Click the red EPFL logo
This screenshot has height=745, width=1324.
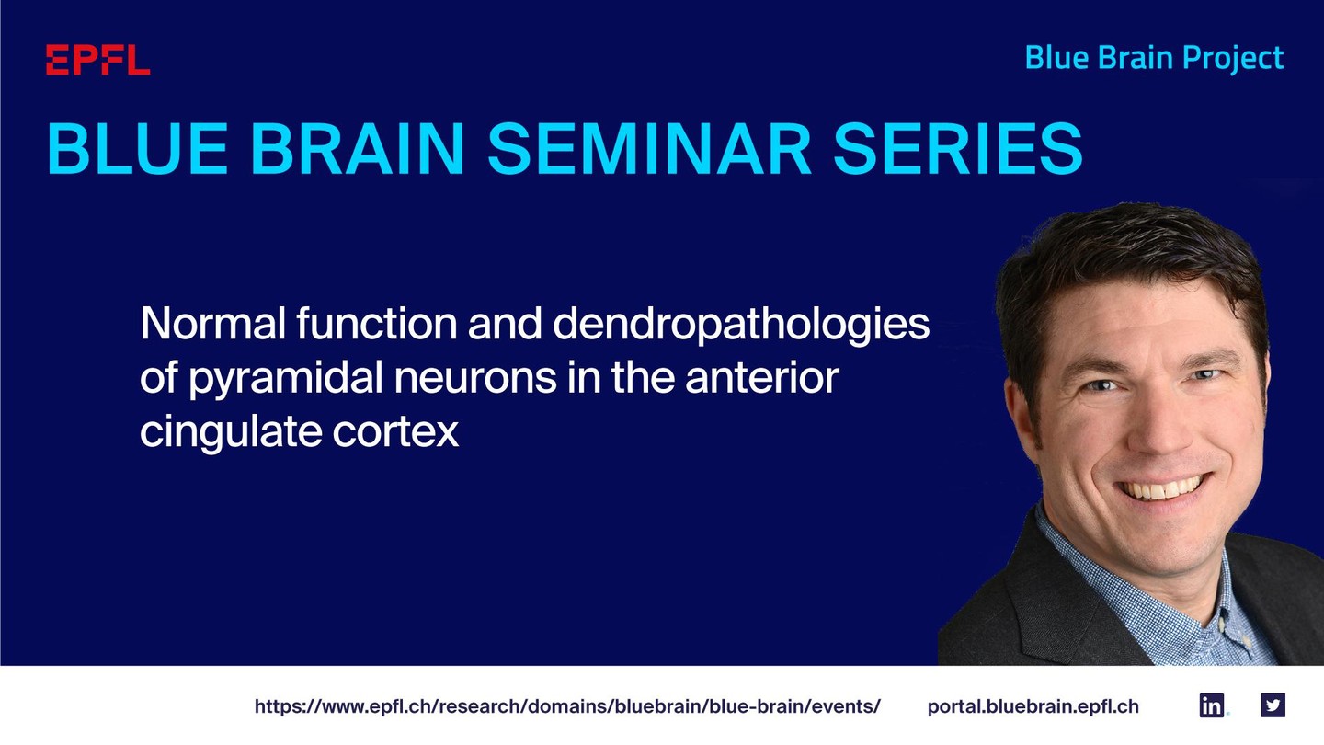pos(98,60)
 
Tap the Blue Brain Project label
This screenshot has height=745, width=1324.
pos(1155,59)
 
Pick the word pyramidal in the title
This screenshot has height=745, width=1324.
pos(286,379)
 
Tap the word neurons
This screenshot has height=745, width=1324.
pos(476,379)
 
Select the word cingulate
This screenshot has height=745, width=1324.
pos(231,432)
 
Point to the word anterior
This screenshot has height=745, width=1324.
pos(762,378)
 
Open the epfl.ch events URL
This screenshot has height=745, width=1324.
pos(567,706)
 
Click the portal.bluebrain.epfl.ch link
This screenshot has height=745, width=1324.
pos(1033,706)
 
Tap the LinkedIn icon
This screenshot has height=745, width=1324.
pos(1211,705)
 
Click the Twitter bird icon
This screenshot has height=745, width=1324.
pos(1273,705)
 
